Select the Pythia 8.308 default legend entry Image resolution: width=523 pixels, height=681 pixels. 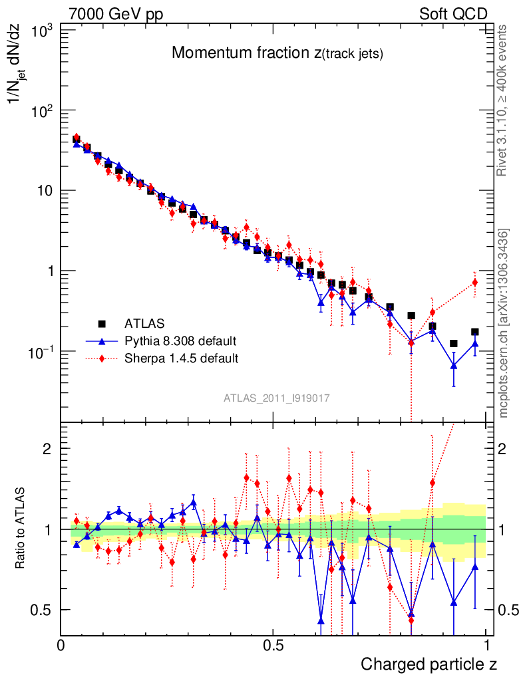180,341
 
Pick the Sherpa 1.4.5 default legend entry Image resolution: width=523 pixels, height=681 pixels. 182,358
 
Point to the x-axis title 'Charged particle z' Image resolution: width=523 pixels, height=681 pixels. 429,664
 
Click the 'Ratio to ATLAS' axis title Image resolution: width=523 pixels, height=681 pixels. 21,529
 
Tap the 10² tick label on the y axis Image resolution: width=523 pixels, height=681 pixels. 42,110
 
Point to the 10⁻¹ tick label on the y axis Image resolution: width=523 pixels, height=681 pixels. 40,351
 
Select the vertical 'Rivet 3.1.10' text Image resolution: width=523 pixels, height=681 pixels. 503,100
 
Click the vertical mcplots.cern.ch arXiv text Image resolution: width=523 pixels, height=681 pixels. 504,323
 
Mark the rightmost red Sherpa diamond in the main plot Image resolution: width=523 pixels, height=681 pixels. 475,282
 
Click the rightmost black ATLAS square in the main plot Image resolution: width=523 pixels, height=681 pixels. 475,331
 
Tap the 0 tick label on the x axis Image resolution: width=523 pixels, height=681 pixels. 61,645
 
